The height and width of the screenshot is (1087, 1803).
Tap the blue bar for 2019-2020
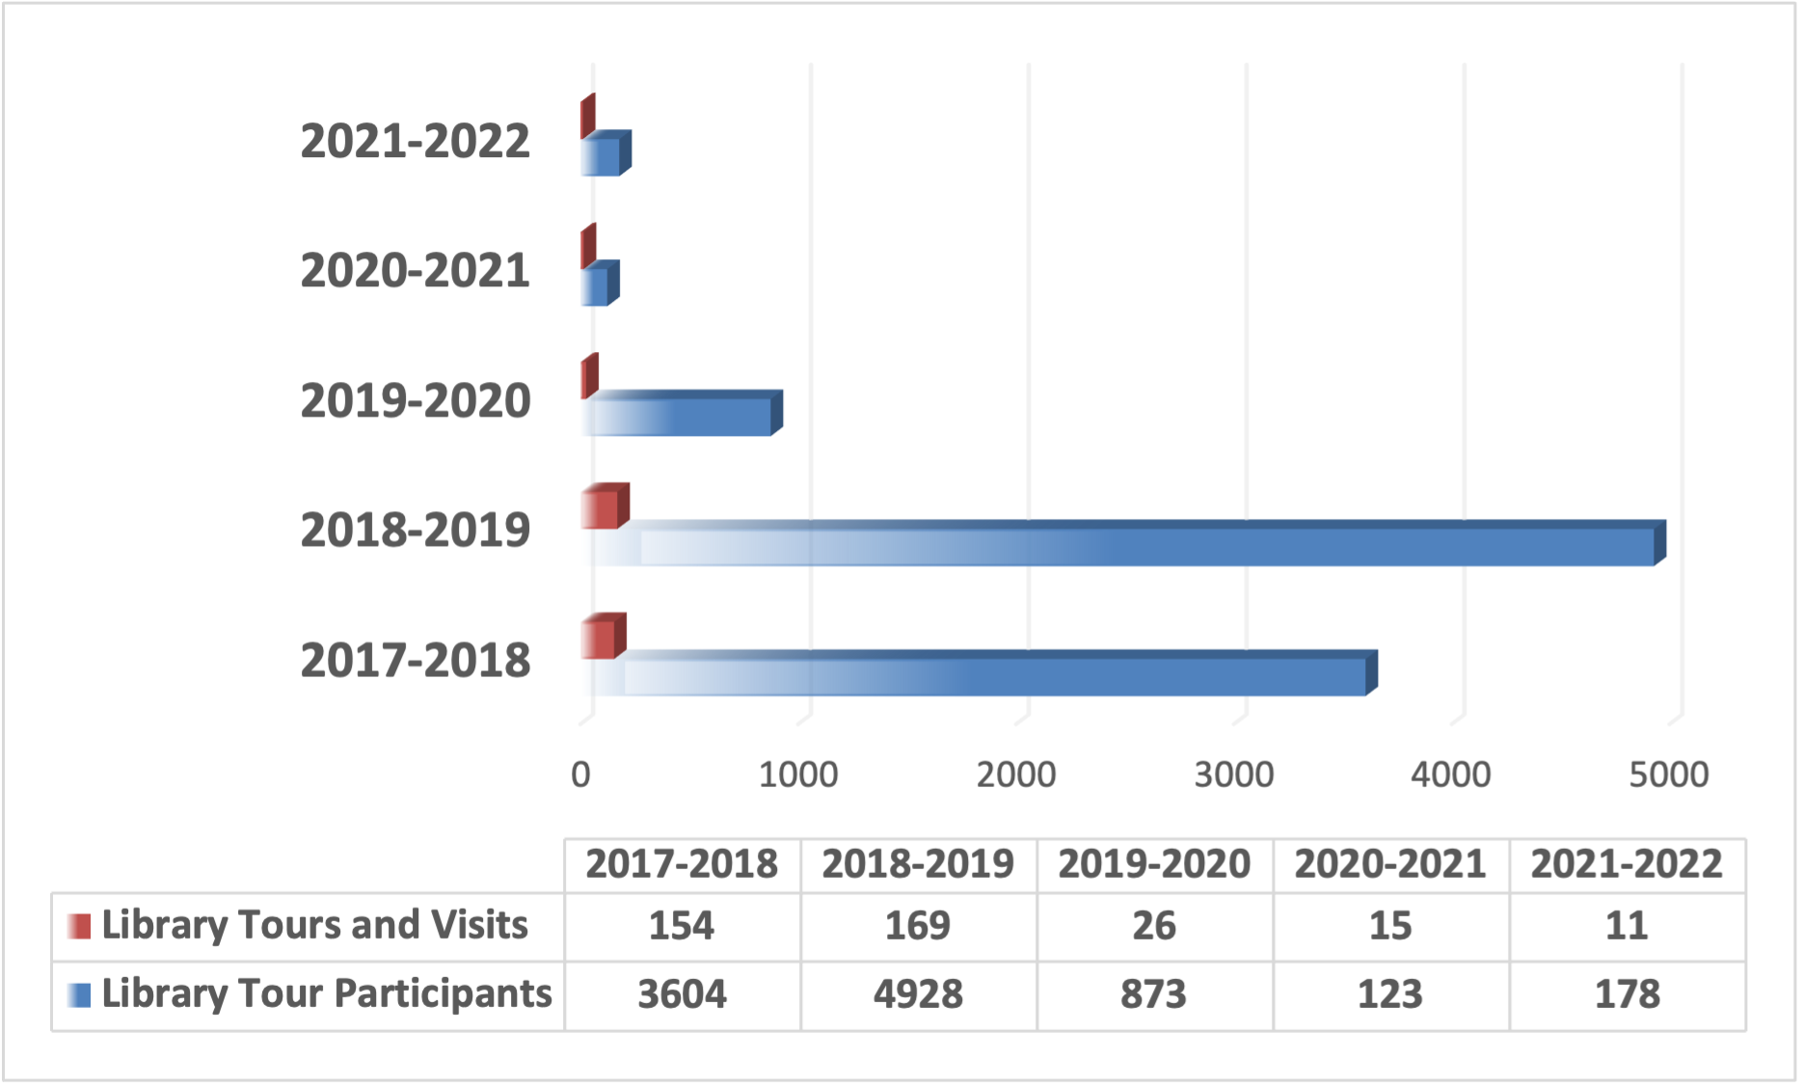[x=685, y=417]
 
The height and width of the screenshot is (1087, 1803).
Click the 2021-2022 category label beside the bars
[x=416, y=142]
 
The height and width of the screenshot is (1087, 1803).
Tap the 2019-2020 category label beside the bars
[x=416, y=401]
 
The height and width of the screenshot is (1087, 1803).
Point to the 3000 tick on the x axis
[x=1233, y=774]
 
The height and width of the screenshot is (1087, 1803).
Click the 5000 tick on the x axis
[x=1669, y=774]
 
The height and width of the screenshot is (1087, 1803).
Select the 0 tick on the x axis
[x=580, y=774]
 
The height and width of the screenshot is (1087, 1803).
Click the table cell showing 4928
[x=918, y=994]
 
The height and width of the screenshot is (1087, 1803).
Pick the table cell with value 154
[x=682, y=926]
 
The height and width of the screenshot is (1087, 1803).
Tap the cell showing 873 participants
[x=1154, y=994]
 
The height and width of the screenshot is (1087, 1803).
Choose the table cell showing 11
[x=1627, y=926]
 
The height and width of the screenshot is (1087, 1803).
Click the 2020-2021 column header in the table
[x=1390, y=864]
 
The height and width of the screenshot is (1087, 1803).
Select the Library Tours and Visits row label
[x=314, y=925]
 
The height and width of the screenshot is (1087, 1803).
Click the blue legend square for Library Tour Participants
[x=80, y=994]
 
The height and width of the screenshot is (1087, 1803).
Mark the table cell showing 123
[x=1390, y=994]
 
